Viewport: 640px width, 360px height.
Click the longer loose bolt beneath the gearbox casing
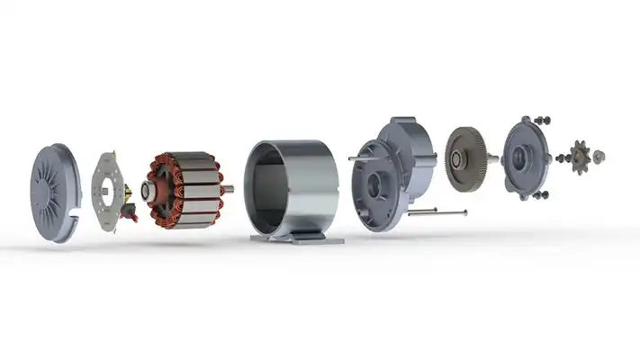(x=437, y=213)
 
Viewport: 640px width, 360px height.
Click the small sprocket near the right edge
(x=580, y=157)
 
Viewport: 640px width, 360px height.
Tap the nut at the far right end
(x=600, y=156)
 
